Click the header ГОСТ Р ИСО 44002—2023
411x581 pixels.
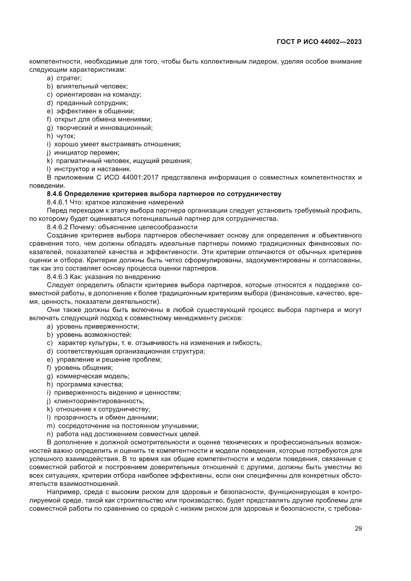tap(319, 42)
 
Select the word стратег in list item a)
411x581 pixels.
tap(69, 78)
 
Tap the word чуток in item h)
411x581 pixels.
tap(66, 136)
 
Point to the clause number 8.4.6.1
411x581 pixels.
tap(57, 202)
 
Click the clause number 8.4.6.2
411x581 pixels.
tap(57, 227)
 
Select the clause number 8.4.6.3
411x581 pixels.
tap(57, 277)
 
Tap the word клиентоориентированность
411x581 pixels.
tap(99, 401)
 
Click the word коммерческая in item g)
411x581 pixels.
tap(77, 376)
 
